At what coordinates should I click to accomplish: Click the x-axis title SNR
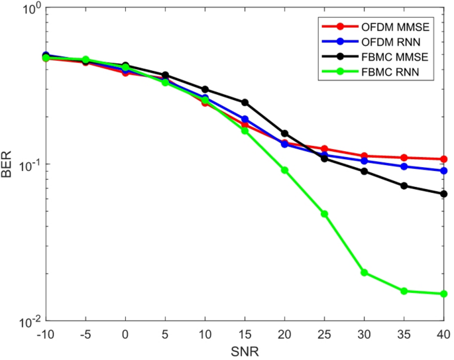(x=245, y=349)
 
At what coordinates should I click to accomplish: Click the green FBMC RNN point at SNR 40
(x=443, y=294)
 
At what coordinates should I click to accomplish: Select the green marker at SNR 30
(x=364, y=272)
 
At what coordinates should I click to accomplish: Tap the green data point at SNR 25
(x=324, y=214)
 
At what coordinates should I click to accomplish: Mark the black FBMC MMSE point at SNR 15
(x=245, y=102)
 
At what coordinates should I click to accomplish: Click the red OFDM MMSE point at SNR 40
(x=443, y=159)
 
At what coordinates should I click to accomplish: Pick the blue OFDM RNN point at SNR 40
(x=443, y=171)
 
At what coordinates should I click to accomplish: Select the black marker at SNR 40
(x=443, y=194)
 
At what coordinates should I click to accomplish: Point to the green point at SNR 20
(x=284, y=170)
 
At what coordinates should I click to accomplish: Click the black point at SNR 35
(x=404, y=186)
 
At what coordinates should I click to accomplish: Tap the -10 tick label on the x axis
(x=46, y=333)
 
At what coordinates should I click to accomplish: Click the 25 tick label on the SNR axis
(x=324, y=333)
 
